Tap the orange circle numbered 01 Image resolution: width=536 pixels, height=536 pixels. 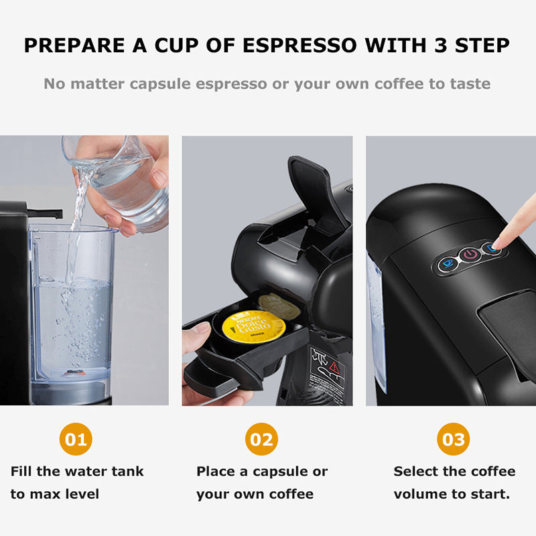pyautogui.click(x=76, y=440)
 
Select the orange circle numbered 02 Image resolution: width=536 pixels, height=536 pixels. pyautogui.click(x=261, y=440)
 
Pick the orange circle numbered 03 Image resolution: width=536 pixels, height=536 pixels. pyautogui.click(x=454, y=440)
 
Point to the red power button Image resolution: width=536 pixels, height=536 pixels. pyautogui.click(x=470, y=255)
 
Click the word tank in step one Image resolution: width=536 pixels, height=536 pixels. pyautogui.click(x=127, y=471)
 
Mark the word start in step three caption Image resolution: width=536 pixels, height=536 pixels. pyautogui.click(x=492, y=494)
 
